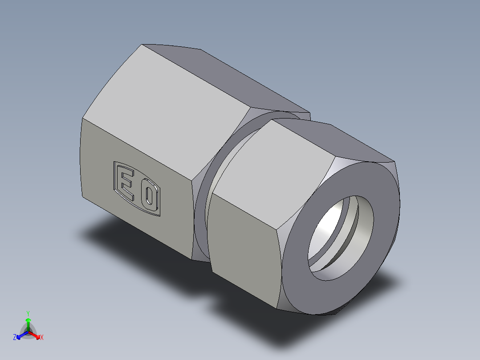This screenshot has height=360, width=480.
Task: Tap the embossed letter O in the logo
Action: pyautogui.click(x=149, y=198)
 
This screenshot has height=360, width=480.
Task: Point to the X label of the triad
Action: pyautogui.click(x=42, y=338)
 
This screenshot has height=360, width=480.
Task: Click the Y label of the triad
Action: pyautogui.click(x=28, y=313)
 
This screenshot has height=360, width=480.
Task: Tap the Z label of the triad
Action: pyautogui.click(x=15, y=338)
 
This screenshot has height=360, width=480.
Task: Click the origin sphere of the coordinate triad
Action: pyautogui.click(x=28, y=332)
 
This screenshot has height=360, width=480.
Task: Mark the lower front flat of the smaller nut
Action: pyautogui.click(x=243, y=250)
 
